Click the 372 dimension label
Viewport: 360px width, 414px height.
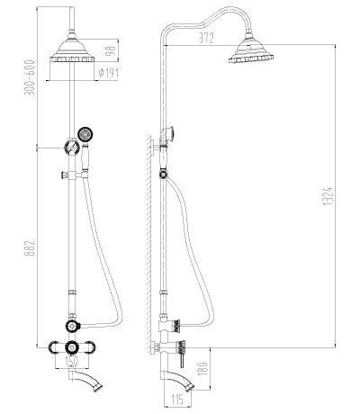206,38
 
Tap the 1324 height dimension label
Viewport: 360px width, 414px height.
328,196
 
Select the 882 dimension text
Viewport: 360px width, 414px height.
30,248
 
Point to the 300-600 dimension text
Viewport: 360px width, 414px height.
30,77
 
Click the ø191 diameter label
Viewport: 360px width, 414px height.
109,73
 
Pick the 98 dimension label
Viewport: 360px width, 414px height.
111,50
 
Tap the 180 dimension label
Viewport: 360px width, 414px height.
203,368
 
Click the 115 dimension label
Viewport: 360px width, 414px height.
176,400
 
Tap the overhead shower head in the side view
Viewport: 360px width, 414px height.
250,50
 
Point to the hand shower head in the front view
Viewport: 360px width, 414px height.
85,134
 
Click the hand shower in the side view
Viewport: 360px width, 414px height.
168,134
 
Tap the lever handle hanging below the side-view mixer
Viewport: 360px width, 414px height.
182,360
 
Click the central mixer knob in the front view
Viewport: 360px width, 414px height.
72,347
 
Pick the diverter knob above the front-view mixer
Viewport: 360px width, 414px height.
72,326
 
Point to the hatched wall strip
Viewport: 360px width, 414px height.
148,244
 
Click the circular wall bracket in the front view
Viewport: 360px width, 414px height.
72,148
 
